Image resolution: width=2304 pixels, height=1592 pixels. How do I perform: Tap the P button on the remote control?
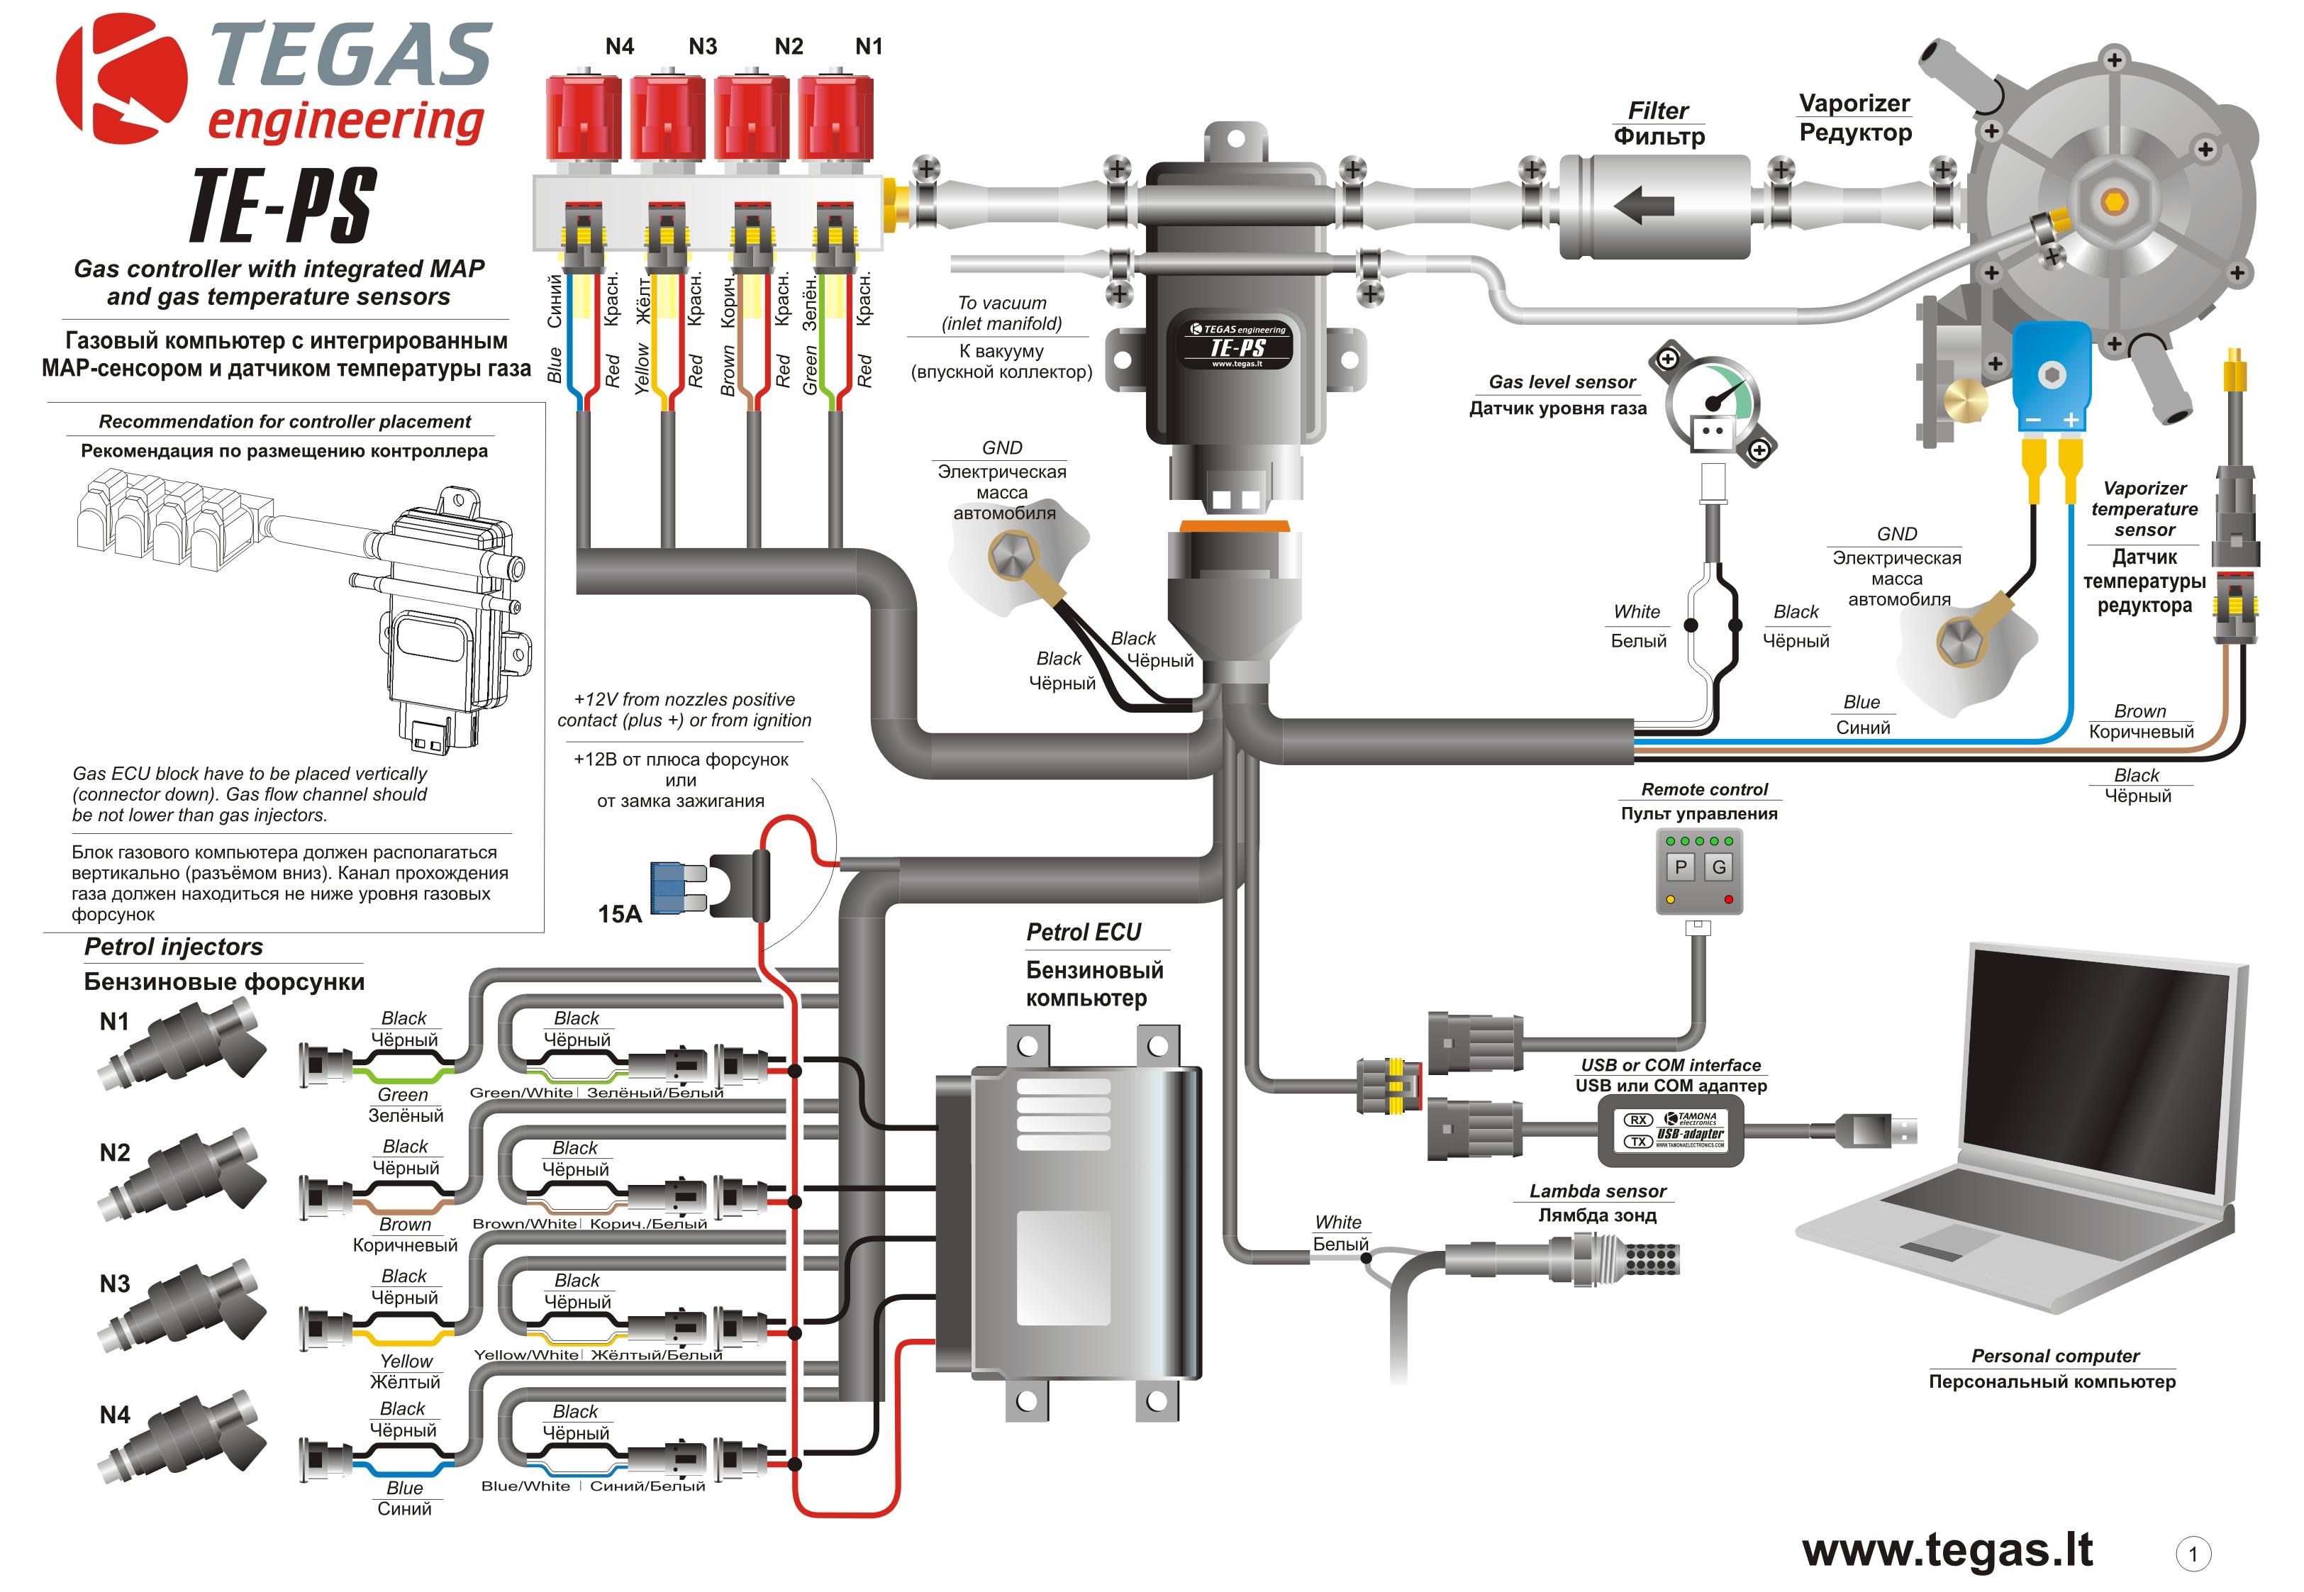click(1681, 867)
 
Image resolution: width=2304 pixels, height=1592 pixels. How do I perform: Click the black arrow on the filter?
click(1644, 206)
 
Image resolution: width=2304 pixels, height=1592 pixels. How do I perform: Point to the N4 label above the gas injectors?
click(619, 46)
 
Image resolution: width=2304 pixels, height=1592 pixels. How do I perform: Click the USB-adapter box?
click(1671, 1130)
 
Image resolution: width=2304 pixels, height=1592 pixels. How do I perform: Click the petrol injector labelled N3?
click(184, 1307)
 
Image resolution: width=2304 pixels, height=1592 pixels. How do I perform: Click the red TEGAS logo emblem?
click(120, 80)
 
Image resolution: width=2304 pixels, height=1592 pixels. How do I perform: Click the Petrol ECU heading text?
click(1083, 932)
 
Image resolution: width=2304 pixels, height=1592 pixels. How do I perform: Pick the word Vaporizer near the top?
click(1854, 104)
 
